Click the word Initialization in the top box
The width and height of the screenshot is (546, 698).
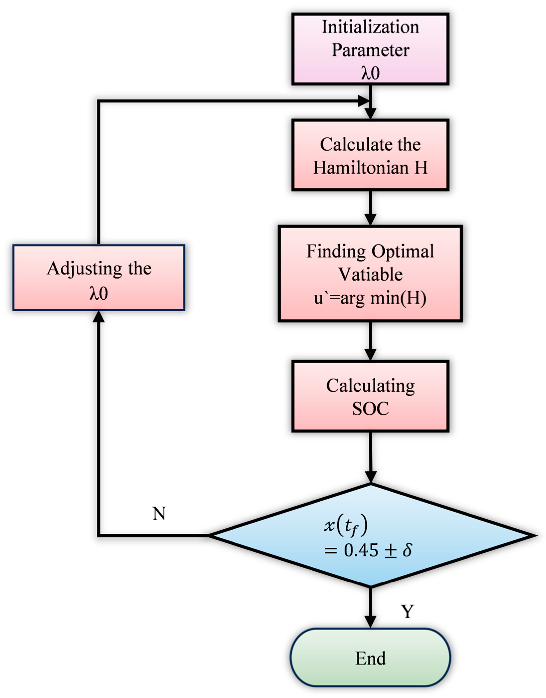coord(370,27)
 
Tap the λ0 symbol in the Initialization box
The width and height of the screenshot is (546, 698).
coord(370,73)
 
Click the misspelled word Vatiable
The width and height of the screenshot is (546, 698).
coord(370,275)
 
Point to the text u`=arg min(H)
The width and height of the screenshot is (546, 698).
coord(370,298)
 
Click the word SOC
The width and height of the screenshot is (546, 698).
coord(370,409)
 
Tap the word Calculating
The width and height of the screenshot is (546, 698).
coord(370,386)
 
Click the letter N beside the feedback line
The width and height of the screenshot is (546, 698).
coord(159,514)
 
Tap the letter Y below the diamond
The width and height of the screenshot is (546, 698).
coord(407,612)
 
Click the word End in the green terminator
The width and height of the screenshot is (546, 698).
coord(370,658)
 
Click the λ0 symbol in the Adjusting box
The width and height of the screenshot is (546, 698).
coord(98,293)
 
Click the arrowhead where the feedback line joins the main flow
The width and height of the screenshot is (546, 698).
coord(364,101)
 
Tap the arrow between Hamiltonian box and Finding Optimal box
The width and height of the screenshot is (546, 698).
coord(370,208)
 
